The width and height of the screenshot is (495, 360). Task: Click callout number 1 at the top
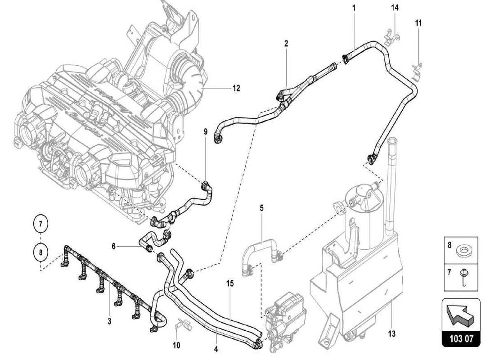click(354, 8)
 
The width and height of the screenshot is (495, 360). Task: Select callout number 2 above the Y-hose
click(286, 43)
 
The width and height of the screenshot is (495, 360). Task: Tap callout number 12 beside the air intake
click(236, 88)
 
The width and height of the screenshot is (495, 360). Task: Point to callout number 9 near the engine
click(206, 131)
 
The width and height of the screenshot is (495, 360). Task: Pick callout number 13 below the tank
click(392, 333)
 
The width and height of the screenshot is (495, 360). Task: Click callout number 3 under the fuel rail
click(109, 321)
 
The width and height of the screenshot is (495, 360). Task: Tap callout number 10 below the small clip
click(176, 345)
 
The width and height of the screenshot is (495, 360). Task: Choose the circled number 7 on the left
click(40, 224)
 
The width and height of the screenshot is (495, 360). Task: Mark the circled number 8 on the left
click(40, 252)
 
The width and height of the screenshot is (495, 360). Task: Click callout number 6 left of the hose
click(114, 246)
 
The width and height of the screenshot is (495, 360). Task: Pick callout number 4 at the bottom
click(216, 349)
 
